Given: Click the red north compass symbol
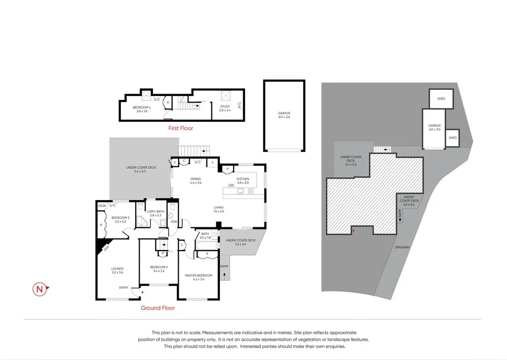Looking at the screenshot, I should pos(40,289).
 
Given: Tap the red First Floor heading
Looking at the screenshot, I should pos(180,128).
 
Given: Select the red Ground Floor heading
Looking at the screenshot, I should pos(157,308).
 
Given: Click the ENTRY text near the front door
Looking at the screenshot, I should pos(124,288).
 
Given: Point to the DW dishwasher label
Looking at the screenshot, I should pos(231,186).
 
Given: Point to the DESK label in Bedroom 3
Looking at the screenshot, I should pos(102,206).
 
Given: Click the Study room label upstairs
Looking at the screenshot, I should pos(225,107).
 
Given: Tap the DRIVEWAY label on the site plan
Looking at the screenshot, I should pos(402,247).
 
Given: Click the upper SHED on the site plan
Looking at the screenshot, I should pos(441,99).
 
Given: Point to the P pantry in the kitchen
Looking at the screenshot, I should pos(227,169).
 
